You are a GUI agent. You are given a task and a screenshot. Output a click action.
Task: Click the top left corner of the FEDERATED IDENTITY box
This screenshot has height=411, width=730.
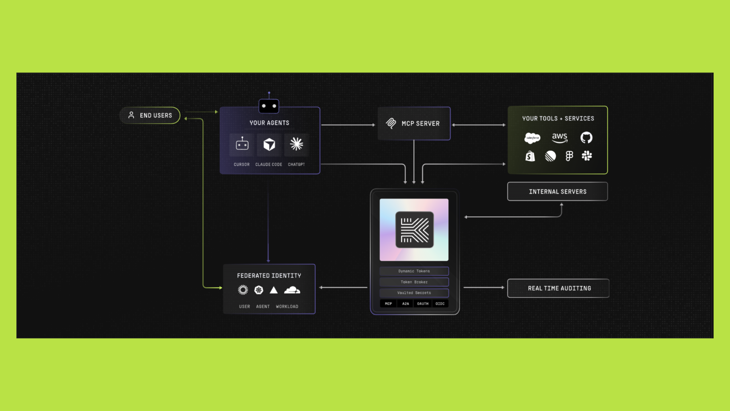point(224,265)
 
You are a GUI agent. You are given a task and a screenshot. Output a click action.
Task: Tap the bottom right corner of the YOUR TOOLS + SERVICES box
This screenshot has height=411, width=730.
point(607,174)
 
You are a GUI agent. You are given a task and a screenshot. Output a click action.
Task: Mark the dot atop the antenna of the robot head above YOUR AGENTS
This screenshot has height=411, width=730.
point(269,93)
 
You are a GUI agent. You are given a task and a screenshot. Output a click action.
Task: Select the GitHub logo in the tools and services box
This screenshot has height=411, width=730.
point(586,137)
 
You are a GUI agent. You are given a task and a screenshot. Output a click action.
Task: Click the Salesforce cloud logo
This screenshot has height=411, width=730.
point(532,138)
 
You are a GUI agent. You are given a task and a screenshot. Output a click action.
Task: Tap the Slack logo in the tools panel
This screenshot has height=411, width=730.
point(587,156)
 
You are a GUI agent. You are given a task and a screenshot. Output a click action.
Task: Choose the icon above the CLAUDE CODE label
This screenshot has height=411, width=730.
point(269,144)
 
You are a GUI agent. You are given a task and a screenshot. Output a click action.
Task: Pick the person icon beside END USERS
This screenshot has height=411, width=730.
point(131,115)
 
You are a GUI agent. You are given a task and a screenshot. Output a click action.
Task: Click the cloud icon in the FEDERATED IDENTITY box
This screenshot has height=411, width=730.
point(292,290)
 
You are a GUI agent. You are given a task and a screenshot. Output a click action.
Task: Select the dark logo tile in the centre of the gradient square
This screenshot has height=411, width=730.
point(414,230)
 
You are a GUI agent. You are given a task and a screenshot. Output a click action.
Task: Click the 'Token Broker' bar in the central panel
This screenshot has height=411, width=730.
point(414,282)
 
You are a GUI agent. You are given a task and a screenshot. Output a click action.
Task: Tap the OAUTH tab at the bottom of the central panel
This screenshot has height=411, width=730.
point(423,303)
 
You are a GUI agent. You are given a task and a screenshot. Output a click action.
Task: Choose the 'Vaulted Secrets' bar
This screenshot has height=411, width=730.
point(414,293)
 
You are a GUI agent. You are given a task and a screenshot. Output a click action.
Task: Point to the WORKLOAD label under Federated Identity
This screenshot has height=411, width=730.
point(287,306)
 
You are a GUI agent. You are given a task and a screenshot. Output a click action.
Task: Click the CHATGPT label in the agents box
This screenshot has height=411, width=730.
point(296,164)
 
